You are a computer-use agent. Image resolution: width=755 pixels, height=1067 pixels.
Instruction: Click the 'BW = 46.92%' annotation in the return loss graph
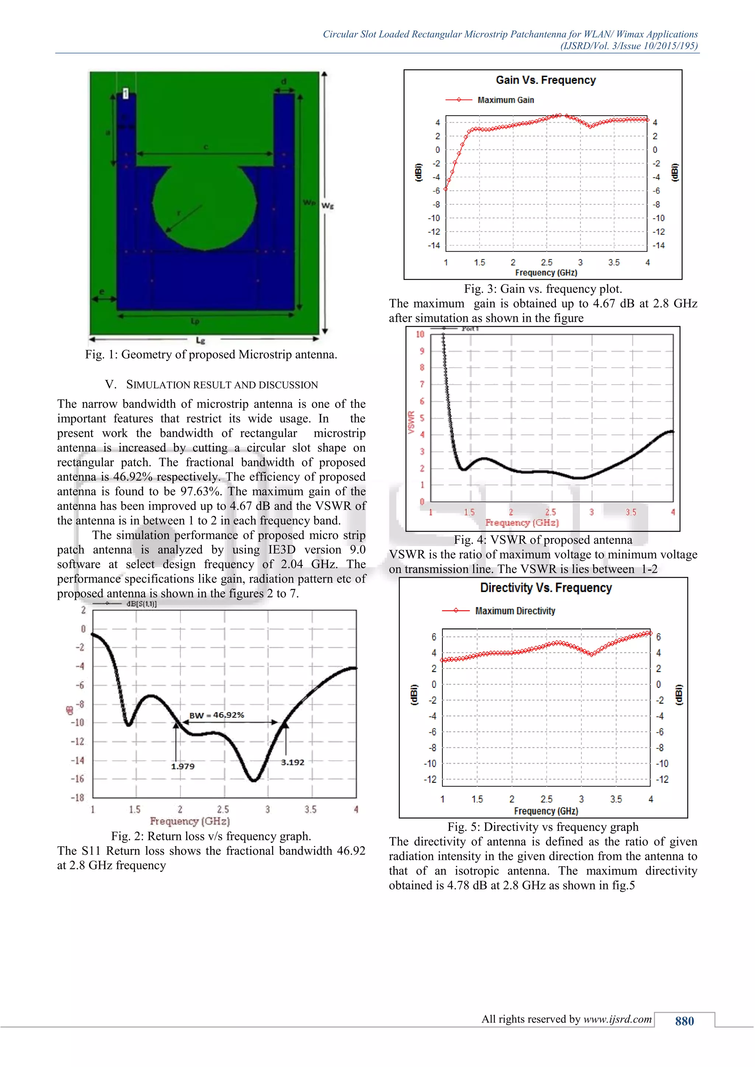coord(217,715)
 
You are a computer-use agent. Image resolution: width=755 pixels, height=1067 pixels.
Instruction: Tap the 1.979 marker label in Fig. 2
coord(183,766)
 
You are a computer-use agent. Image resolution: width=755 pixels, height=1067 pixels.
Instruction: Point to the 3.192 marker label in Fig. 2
coord(292,762)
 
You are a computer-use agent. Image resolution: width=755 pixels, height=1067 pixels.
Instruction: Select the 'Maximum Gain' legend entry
coord(505,100)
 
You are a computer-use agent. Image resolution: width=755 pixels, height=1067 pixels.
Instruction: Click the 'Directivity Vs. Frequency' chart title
coord(546,588)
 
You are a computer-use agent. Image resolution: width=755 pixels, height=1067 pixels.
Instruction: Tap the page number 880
coord(684,1021)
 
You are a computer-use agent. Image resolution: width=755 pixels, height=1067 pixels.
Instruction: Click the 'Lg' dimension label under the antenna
coord(201,341)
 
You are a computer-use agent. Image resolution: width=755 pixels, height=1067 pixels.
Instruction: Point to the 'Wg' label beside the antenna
coord(327,206)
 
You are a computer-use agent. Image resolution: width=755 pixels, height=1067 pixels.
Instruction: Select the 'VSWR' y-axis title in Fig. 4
coord(411,422)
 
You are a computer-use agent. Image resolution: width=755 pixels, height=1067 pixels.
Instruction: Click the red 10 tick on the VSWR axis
coord(420,334)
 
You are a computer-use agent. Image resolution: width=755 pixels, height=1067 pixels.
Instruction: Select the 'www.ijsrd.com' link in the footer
coord(617,1019)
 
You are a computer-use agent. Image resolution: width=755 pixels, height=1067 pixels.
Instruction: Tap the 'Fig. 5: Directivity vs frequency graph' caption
coord(543,827)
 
